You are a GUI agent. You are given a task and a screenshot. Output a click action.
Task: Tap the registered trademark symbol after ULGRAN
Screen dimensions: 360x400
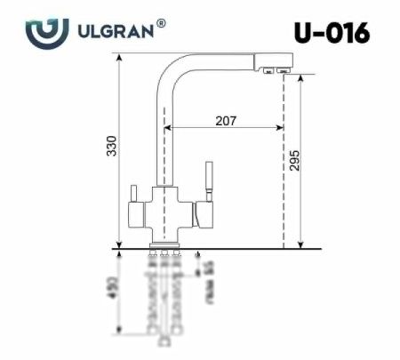point(160,25)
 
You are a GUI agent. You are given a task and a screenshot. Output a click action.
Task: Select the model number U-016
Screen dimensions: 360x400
point(332,33)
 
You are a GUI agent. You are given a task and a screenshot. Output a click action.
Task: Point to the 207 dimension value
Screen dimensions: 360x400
point(225,122)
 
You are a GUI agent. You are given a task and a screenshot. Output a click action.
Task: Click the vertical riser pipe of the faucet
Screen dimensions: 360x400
point(162,133)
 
